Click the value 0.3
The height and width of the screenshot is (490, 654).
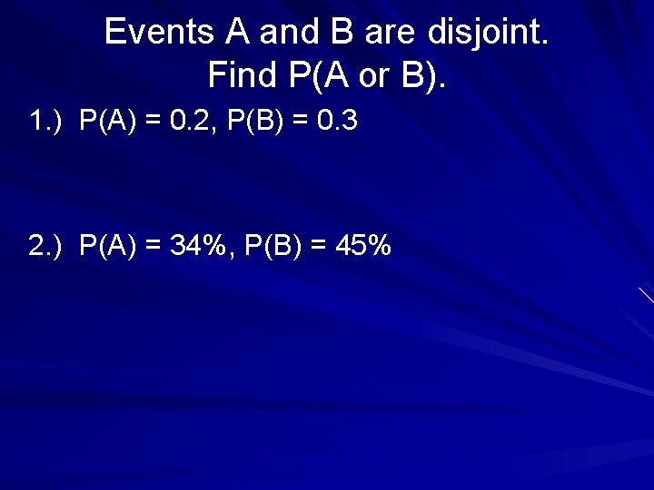(x=338, y=122)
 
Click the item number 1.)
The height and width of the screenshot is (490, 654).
(x=45, y=122)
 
